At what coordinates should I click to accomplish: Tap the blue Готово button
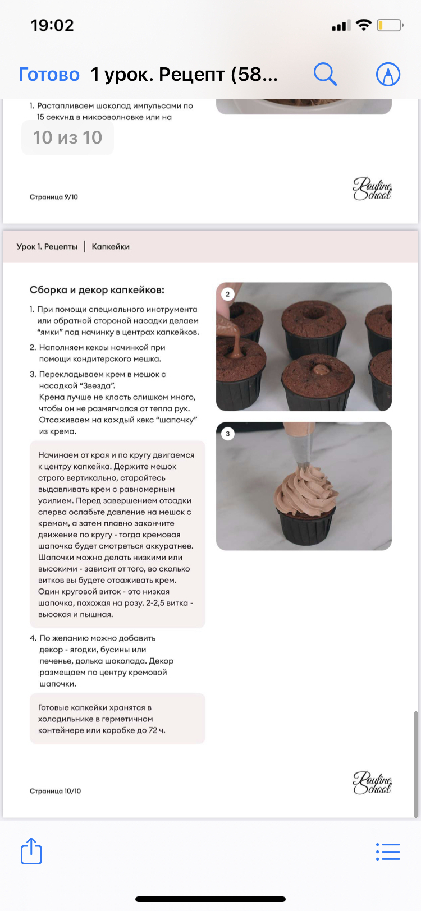pyautogui.click(x=49, y=75)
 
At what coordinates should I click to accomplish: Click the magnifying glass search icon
pyautogui.click(x=325, y=74)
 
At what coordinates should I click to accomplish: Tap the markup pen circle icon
pyautogui.click(x=388, y=74)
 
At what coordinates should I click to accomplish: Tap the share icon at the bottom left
pyautogui.click(x=31, y=850)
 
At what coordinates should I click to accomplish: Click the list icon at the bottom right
pyautogui.click(x=388, y=852)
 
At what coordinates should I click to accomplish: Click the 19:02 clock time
pyautogui.click(x=53, y=26)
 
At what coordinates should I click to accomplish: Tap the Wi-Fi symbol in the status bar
pyautogui.click(x=363, y=25)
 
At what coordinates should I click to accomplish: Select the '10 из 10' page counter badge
pyautogui.click(x=67, y=137)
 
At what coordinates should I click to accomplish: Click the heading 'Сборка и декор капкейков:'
pyautogui.click(x=97, y=290)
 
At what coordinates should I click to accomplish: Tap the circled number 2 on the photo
pyautogui.click(x=227, y=294)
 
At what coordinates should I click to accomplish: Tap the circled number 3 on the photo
pyautogui.click(x=227, y=434)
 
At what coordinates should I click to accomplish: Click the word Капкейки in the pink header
pyautogui.click(x=111, y=246)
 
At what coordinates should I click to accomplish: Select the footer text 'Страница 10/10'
pyautogui.click(x=56, y=791)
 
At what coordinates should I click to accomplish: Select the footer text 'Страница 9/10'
pyautogui.click(x=54, y=197)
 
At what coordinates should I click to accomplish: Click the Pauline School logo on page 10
pyautogui.click(x=372, y=783)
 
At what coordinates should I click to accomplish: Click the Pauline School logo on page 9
pyautogui.click(x=372, y=188)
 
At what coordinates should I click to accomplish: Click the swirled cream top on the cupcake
pyautogui.click(x=305, y=490)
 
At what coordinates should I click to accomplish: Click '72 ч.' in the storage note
pyautogui.click(x=157, y=730)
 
